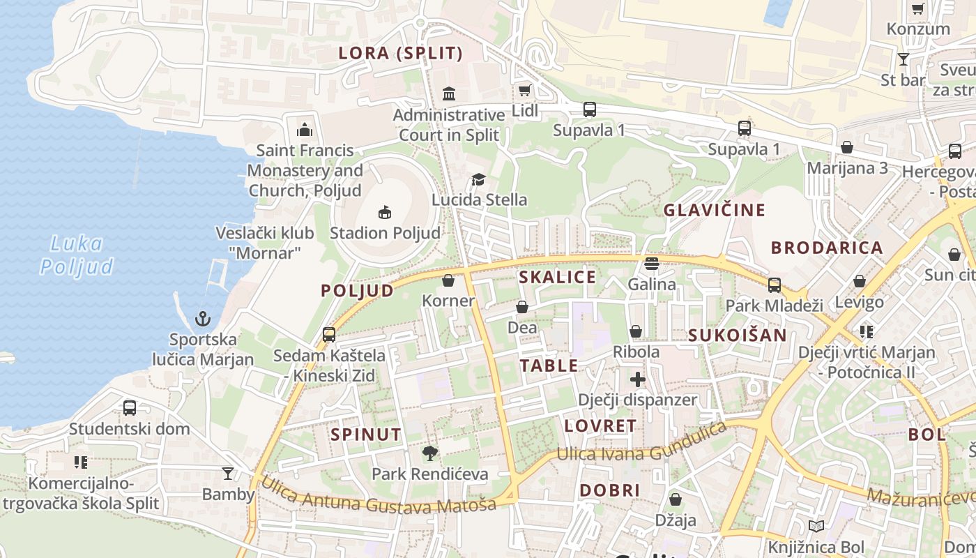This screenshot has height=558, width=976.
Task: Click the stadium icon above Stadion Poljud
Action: click(384, 212)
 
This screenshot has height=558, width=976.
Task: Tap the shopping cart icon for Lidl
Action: click(524, 90)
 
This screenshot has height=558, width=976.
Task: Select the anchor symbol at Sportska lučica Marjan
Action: click(202, 319)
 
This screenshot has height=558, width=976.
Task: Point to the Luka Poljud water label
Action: click(77, 255)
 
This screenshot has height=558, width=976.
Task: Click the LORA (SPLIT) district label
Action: click(400, 53)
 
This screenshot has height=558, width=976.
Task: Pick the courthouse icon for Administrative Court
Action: click(449, 93)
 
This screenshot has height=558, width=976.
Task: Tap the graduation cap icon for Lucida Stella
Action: click(478, 180)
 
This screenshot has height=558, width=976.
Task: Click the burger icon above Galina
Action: click(652, 264)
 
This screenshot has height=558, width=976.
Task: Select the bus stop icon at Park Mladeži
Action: click(775, 285)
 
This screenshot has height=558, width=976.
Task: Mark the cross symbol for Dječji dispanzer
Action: click(637, 379)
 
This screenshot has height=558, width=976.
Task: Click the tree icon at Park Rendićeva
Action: click(430, 453)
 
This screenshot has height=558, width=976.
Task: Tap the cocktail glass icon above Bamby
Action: click(228, 474)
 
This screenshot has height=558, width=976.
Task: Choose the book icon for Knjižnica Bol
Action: click(816, 527)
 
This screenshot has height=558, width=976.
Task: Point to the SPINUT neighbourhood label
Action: click(366, 435)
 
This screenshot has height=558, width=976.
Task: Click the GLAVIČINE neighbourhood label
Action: click(714, 210)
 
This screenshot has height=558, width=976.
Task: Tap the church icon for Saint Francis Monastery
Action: click(305, 130)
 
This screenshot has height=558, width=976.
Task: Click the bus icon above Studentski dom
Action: click(130, 408)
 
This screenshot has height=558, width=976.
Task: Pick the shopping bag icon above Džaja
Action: click(675, 499)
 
